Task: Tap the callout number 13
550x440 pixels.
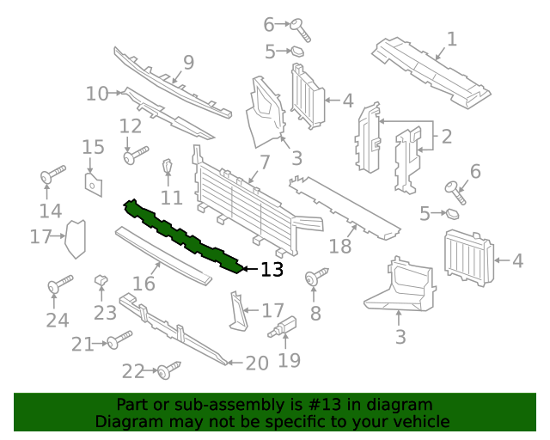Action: click(x=272, y=270)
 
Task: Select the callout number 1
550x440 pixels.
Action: click(x=451, y=39)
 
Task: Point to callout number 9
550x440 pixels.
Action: click(x=188, y=63)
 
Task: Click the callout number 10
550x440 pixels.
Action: click(x=96, y=93)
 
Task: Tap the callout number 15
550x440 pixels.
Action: click(x=93, y=147)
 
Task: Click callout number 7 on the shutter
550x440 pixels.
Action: click(x=265, y=161)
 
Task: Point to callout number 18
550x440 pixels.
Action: click(x=340, y=247)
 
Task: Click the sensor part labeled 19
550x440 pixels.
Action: click(x=284, y=327)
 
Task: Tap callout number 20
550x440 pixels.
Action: click(x=257, y=364)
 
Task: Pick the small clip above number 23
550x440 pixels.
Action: click(x=101, y=279)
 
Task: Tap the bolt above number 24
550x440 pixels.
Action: click(x=59, y=284)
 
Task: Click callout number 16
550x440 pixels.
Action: click(x=144, y=284)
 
